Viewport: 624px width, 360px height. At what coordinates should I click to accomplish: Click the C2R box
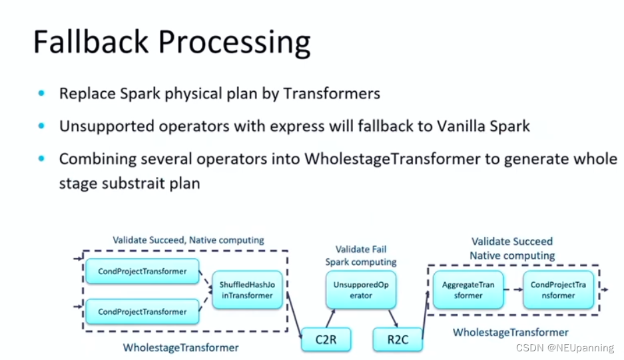click(x=326, y=340)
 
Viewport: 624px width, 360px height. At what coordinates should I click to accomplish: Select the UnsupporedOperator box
click(x=361, y=290)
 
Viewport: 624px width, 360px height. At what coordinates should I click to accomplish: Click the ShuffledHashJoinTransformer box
click(x=246, y=290)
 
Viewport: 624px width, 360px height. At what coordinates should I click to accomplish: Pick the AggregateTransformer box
click(x=468, y=290)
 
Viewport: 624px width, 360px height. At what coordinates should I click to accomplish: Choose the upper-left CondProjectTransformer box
click(x=143, y=271)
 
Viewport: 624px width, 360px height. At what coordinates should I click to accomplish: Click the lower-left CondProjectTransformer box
click(x=143, y=311)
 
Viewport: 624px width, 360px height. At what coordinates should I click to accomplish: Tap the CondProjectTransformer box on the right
click(x=558, y=290)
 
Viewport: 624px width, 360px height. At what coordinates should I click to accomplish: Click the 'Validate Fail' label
click(x=361, y=250)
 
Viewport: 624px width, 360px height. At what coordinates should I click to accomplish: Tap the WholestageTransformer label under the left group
click(x=180, y=347)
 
